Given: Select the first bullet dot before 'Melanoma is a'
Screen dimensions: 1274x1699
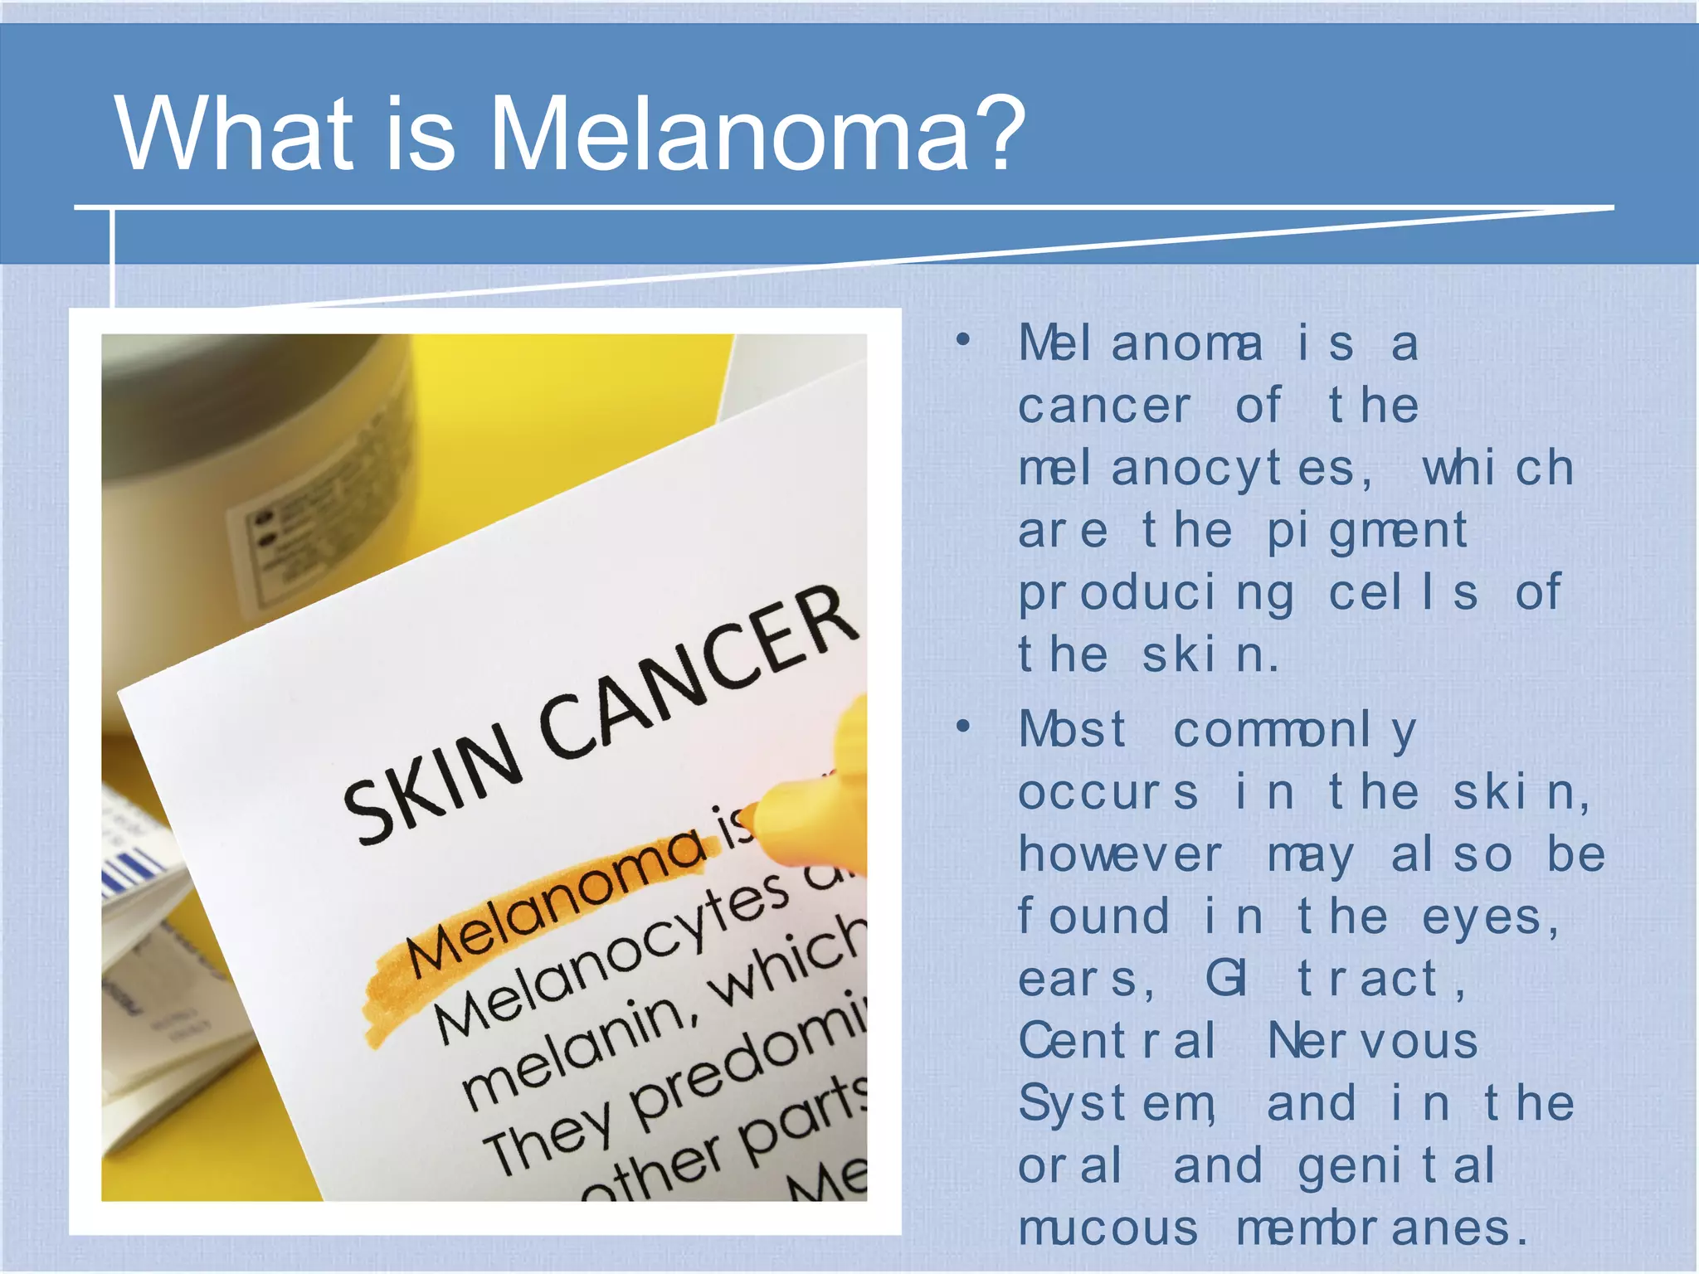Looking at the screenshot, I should pos(962,340).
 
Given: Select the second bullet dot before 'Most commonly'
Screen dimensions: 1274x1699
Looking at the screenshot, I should pos(962,727).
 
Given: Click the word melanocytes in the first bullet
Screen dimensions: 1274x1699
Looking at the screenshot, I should pos(1195,469).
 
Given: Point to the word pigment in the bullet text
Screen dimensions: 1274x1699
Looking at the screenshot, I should pos(1367,532).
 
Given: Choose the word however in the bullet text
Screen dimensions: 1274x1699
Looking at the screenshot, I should pos(1120,855).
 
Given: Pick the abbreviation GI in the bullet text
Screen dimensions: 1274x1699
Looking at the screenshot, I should pos(1226,979).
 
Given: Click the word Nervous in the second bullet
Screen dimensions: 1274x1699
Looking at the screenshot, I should pos(1373,1042).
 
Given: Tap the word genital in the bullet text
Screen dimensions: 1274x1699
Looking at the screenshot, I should pos(1397,1166).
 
